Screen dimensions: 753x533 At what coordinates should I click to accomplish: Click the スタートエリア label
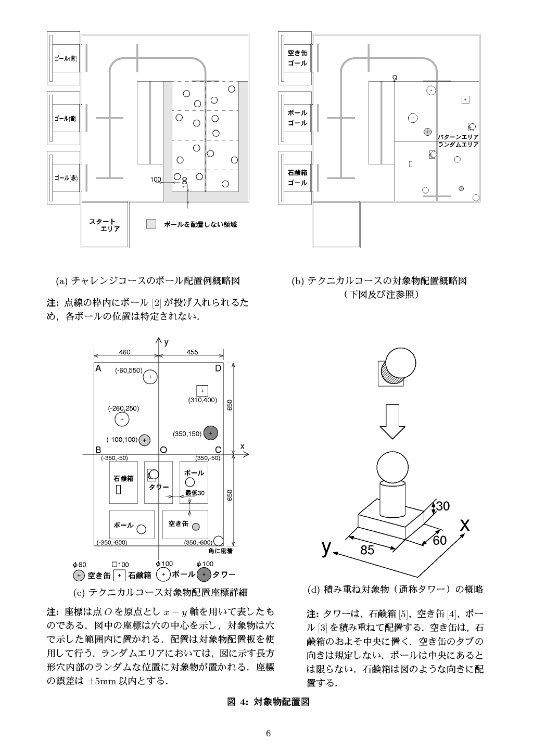pos(105,225)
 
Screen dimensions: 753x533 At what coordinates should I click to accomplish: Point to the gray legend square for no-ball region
pos(151,224)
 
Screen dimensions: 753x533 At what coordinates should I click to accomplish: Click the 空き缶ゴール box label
pos(297,58)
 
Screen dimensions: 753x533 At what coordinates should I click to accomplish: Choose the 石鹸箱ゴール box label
pos(297,177)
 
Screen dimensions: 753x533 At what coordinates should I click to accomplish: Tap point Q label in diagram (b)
pos(395,77)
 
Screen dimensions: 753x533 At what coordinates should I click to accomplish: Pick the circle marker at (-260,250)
pos(122,419)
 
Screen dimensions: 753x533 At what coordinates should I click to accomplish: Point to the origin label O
pos(163,450)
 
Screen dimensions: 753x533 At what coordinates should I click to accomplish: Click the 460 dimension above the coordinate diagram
pos(125,352)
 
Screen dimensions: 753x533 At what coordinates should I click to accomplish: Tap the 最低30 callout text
pos(195,493)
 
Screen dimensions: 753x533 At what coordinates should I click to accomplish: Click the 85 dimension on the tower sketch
pos(367,550)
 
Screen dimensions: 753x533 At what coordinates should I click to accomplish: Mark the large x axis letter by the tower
pos(465,525)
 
